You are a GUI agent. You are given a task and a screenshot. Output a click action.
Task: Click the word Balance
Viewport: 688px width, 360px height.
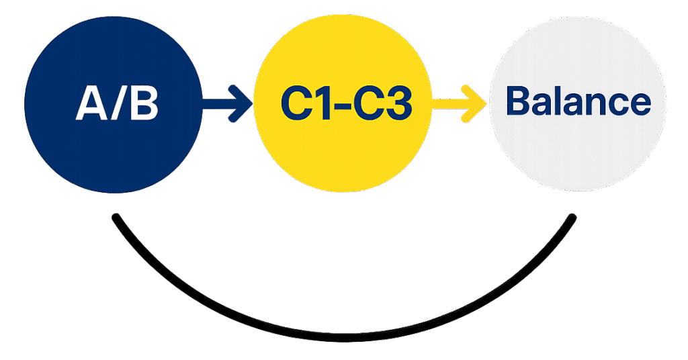tap(578, 102)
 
